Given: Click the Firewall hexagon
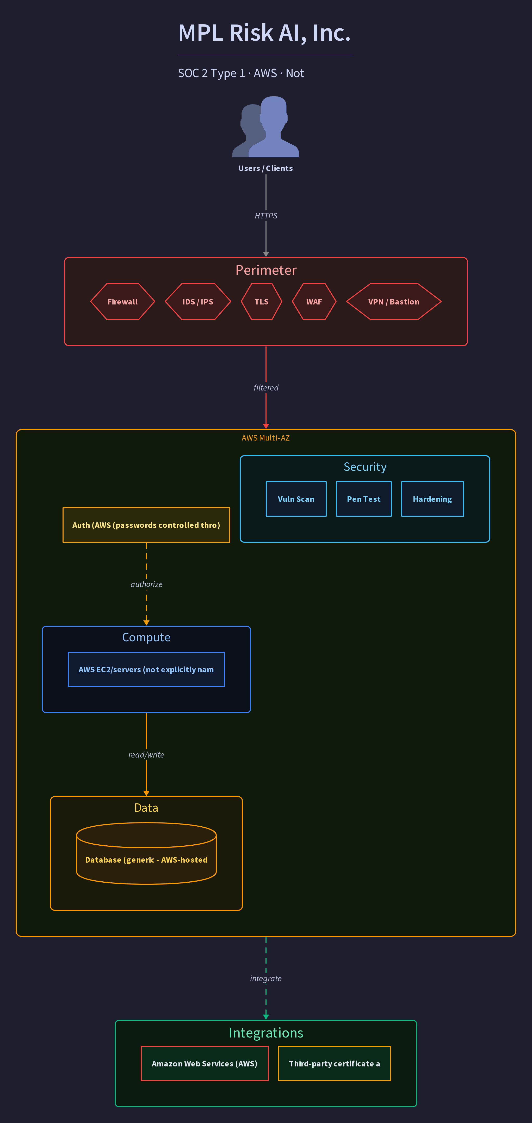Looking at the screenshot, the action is pos(122,302).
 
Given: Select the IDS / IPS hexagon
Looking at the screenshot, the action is pos(198,302).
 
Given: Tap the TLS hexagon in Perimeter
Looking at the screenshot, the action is pos(261,302).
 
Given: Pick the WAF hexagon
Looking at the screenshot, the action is pos(314,302).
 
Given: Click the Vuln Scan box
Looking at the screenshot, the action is pos(296,499).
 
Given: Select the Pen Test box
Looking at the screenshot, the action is pos(364,499).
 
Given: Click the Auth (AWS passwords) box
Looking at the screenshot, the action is pos(146,525).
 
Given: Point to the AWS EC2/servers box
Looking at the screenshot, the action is pos(146,669).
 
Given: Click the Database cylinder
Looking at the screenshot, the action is pos(146,853).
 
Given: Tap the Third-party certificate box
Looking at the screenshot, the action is pos(335,1063).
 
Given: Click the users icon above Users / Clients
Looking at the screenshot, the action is pos(266,126).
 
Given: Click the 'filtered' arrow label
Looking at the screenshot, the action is pos(266,388).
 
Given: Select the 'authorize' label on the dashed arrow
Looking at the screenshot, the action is pos(146,584).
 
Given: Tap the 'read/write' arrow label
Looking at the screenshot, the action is pos(146,755).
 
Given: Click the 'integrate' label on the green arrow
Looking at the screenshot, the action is pos(266,978).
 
